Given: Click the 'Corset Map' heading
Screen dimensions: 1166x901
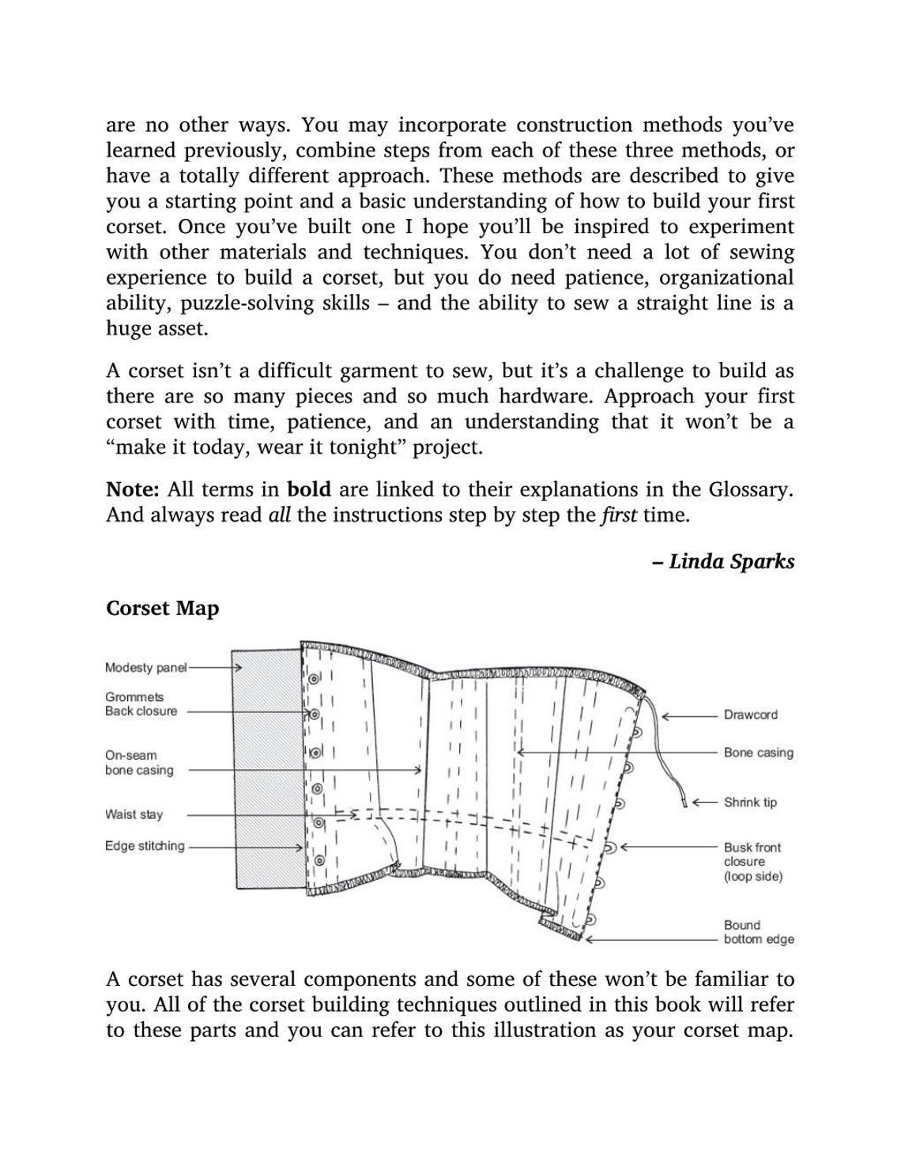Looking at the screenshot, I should [x=162, y=609].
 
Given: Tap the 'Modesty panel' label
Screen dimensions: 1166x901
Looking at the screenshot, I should [x=145, y=668].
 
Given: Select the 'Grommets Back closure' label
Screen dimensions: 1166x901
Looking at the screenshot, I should [x=141, y=704].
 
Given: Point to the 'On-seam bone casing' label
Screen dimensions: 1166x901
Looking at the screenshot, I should [x=138, y=763].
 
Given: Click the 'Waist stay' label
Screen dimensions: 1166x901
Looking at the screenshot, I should [x=134, y=814].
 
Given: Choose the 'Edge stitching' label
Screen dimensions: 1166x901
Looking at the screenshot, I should [x=145, y=846].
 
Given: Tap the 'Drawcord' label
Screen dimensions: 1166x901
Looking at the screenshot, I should [x=750, y=715].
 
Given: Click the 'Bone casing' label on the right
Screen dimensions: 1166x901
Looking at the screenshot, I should [x=758, y=753].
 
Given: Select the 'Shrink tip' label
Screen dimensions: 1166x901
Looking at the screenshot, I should [x=750, y=802].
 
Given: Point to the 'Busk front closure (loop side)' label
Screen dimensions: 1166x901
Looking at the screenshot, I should [x=752, y=862].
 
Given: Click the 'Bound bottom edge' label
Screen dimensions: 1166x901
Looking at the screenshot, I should [x=758, y=932].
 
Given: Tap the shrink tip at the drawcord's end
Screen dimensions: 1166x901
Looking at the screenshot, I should [x=684, y=803].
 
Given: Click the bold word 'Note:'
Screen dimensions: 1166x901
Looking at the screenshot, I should [x=133, y=489].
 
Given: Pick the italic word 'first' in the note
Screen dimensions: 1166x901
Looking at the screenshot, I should [x=619, y=515].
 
